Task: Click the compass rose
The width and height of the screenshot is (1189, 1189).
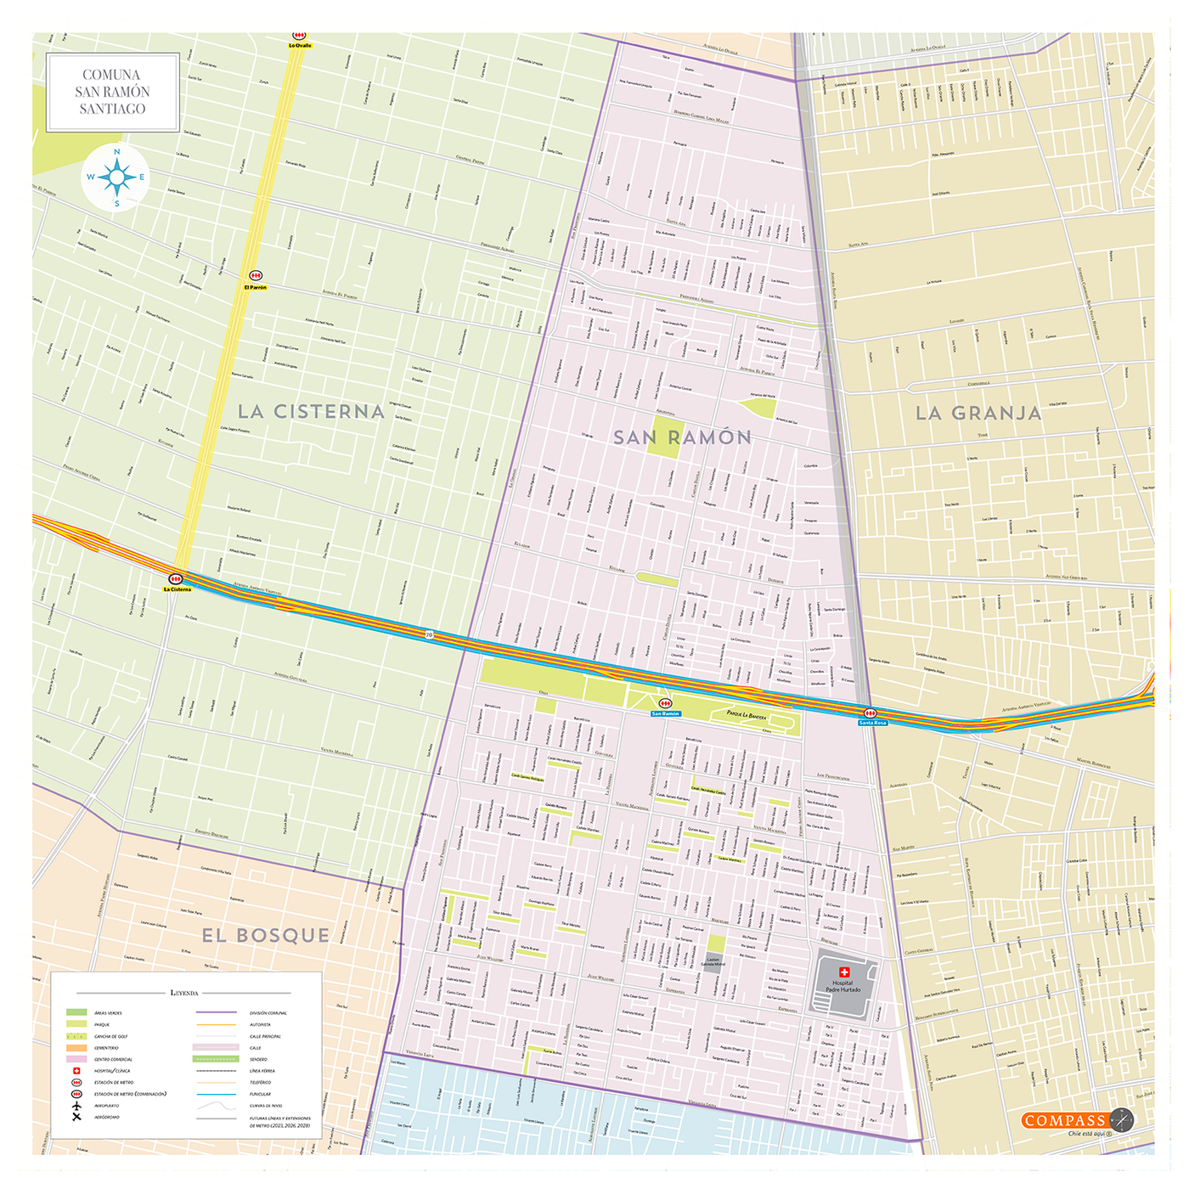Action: point(116,178)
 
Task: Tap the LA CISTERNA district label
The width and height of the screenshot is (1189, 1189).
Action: point(311,412)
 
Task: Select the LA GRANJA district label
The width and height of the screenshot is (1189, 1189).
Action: point(978,414)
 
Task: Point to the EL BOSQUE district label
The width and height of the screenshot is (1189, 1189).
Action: point(265,935)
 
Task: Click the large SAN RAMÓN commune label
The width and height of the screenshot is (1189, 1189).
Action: point(682,437)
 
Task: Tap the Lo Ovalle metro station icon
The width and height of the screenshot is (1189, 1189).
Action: point(299,37)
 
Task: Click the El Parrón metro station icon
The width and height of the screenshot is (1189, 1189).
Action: point(256,276)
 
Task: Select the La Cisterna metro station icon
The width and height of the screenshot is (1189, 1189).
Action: point(176,579)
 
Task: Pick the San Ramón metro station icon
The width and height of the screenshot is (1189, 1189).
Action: point(666,704)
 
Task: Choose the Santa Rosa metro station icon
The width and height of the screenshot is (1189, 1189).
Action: point(870,713)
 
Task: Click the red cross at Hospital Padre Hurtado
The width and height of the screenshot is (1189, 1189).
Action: point(844,972)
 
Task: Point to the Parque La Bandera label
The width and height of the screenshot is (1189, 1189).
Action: point(747,715)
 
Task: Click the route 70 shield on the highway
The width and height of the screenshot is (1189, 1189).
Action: point(429,634)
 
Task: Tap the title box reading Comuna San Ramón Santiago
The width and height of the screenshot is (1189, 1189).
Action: point(112,92)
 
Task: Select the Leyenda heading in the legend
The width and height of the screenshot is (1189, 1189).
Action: point(184,992)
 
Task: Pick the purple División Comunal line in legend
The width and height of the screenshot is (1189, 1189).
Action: point(217,1012)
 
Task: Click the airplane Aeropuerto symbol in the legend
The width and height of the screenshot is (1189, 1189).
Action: point(76,1106)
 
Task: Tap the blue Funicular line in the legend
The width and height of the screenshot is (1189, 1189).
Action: point(217,1094)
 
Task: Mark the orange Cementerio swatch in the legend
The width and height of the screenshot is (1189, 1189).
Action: point(76,1048)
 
